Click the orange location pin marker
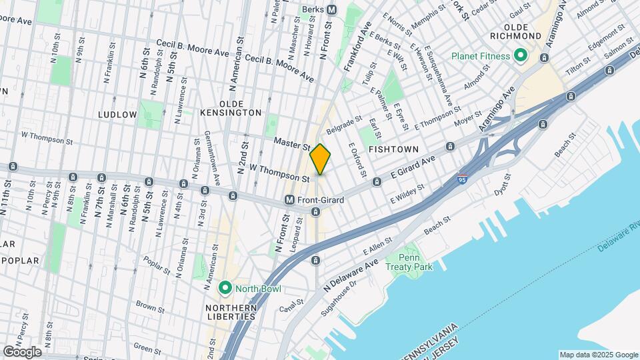click(321, 159)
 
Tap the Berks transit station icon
click(332, 9)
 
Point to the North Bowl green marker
click(225, 289)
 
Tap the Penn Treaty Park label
click(415, 262)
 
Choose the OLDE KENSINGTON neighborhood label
click(231, 113)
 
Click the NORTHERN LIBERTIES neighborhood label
click(231, 312)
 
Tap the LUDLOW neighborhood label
click(117, 115)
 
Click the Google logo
click(21, 351)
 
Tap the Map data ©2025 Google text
click(598, 355)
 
